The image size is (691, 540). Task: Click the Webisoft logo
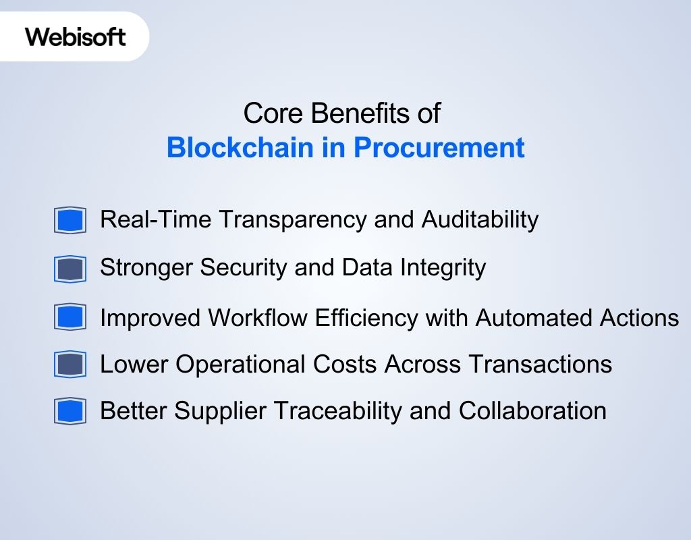coord(76,36)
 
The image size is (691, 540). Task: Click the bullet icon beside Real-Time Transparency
coord(70,220)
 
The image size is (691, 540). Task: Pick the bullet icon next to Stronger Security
coord(70,269)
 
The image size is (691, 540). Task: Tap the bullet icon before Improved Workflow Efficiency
coord(70,317)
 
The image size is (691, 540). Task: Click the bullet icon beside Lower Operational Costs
coord(70,365)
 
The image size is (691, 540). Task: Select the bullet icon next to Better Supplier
coord(70,411)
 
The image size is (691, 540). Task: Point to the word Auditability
coord(480,219)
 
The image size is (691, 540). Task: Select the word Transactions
coord(540,364)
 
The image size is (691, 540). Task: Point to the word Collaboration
coord(532,410)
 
